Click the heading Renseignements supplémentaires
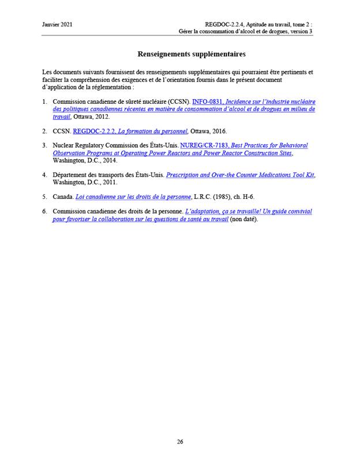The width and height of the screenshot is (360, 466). [x=183, y=54]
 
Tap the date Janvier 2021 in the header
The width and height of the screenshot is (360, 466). [x=57, y=24]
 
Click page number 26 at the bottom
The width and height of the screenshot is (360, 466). [x=180, y=442]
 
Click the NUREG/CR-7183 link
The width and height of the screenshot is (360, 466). [x=200, y=145]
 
